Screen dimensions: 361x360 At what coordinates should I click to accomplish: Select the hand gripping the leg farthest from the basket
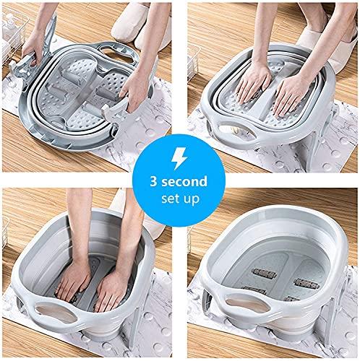tap(130, 94)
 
